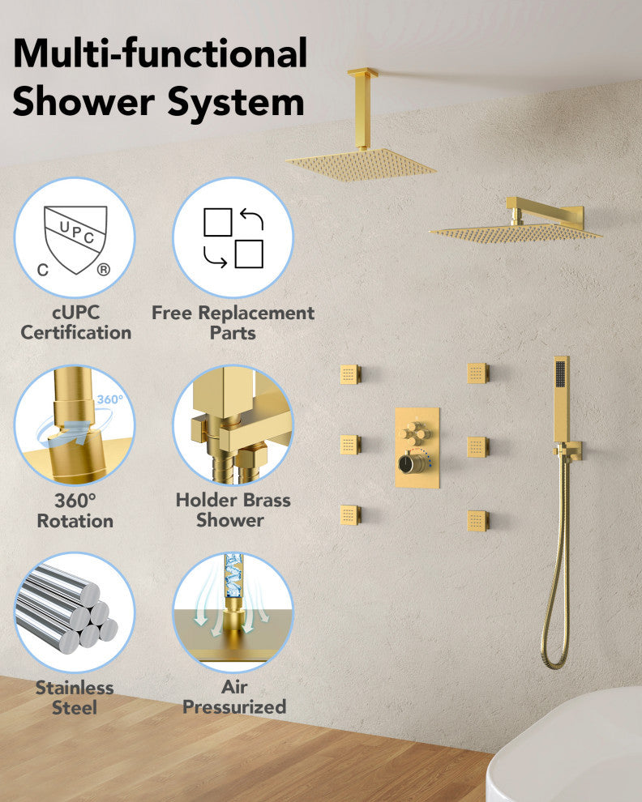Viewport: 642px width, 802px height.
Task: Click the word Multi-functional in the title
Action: click(x=160, y=53)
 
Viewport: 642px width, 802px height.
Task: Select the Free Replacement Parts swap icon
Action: click(x=233, y=238)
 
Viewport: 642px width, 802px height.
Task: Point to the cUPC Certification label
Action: click(x=75, y=322)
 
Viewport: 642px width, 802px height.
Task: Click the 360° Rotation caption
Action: click(x=75, y=510)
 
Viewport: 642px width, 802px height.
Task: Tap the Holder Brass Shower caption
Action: click(x=233, y=510)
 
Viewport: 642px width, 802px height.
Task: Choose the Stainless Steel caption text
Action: click(x=75, y=697)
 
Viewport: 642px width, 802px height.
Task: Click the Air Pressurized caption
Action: click(x=234, y=697)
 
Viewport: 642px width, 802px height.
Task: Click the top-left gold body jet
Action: click(x=350, y=374)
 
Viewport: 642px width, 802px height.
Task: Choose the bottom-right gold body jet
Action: click(x=477, y=521)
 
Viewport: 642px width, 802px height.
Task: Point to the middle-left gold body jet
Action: click(x=350, y=445)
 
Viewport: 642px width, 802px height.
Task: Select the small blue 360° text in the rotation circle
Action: click(x=109, y=399)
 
